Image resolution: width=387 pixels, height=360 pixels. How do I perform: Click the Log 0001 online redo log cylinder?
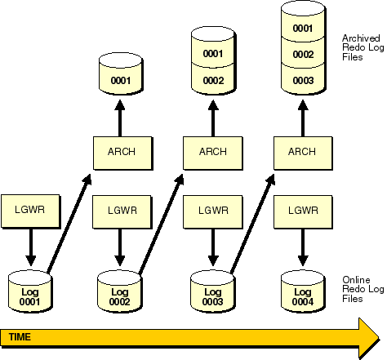[x=30, y=291]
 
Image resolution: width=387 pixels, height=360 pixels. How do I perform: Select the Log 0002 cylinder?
[x=120, y=291]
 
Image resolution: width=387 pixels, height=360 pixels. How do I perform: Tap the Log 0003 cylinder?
[x=213, y=291]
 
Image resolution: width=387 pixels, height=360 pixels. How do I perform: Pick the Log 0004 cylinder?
[x=303, y=291]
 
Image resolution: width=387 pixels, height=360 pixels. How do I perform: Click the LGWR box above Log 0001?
[x=30, y=211]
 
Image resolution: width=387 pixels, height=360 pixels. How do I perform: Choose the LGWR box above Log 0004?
[x=303, y=211]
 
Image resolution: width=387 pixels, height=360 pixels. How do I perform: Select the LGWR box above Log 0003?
[x=213, y=211]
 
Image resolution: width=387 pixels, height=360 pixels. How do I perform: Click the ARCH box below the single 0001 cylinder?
[x=123, y=153]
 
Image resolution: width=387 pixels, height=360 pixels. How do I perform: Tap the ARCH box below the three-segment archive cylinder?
[x=303, y=153]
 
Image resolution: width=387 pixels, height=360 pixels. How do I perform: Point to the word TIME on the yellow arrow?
[x=20, y=337]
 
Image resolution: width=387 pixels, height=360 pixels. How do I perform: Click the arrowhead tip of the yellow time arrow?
[x=379, y=338]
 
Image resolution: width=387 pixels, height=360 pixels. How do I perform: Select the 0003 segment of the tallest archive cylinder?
[x=303, y=79]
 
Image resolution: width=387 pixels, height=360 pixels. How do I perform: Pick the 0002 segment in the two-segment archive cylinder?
[x=213, y=79]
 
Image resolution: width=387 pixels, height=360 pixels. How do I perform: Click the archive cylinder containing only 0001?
[x=121, y=74]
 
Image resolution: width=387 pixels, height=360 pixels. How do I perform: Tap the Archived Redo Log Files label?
[x=363, y=47]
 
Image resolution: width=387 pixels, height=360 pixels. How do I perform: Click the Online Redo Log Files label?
[x=363, y=289]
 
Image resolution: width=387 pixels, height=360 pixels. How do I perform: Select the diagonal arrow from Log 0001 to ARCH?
[x=69, y=223]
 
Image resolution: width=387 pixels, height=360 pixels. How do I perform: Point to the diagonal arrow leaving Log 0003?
[x=252, y=223]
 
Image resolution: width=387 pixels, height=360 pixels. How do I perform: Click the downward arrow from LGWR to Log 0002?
[x=120, y=247]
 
